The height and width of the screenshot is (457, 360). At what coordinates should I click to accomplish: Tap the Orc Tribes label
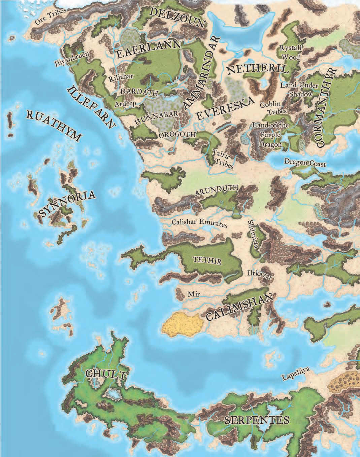(x=51, y=16)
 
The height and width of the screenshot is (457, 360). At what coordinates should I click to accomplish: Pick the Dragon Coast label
(x=305, y=163)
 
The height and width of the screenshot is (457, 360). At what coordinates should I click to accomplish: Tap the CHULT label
(x=106, y=374)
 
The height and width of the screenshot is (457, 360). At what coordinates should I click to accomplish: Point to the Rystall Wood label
(x=290, y=53)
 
